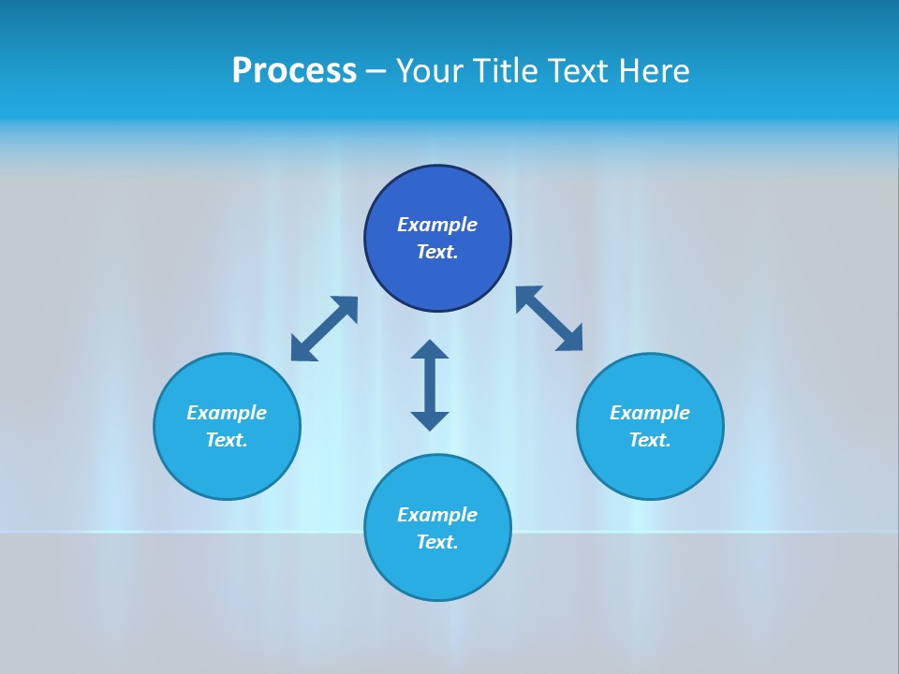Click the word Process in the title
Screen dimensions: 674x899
tap(294, 71)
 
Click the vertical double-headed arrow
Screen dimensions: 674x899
tap(430, 385)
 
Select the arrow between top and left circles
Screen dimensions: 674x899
tap(324, 329)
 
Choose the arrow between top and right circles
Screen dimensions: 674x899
tap(550, 318)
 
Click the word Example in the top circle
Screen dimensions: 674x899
tap(437, 225)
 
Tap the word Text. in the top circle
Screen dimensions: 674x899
tap(437, 252)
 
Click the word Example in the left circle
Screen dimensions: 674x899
tap(227, 413)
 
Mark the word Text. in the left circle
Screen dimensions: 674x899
tap(227, 440)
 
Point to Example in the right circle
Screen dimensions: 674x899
tap(650, 413)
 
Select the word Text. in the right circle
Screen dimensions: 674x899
tap(650, 440)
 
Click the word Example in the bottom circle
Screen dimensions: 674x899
tap(437, 515)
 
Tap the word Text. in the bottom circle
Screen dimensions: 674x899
tap(437, 542)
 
